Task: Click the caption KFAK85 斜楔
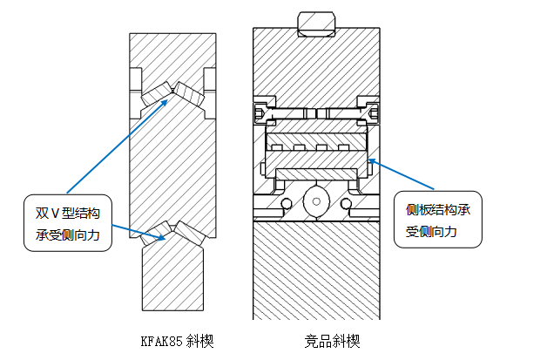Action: click(177, 340)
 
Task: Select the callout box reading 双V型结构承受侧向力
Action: click(68, 223)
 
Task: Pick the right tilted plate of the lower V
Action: click(188, 231)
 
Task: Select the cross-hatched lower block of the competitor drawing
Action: click(316, 270)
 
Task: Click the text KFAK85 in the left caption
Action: click(161, 340)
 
